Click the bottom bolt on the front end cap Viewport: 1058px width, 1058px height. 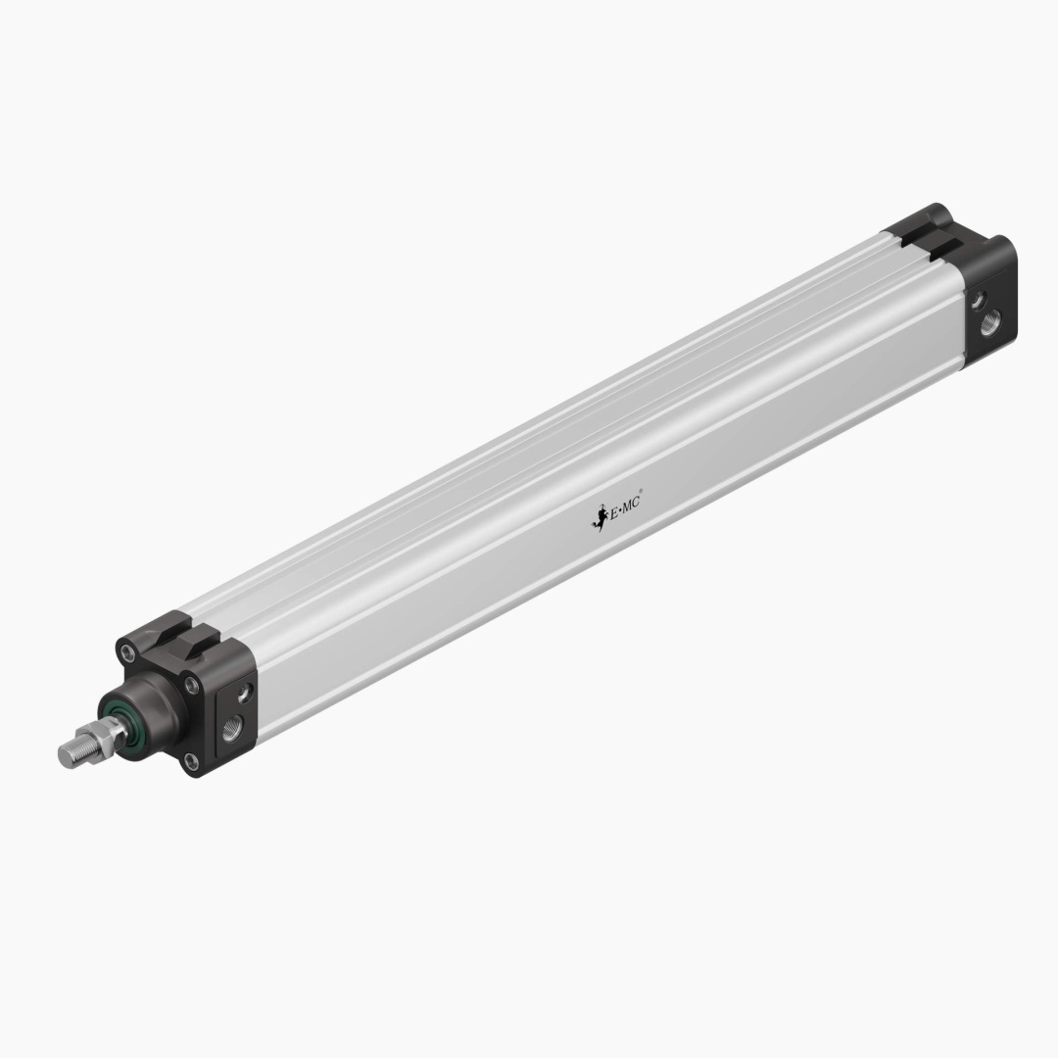tap(191, 761)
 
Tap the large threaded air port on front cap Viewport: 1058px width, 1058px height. tap(232, 727)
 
